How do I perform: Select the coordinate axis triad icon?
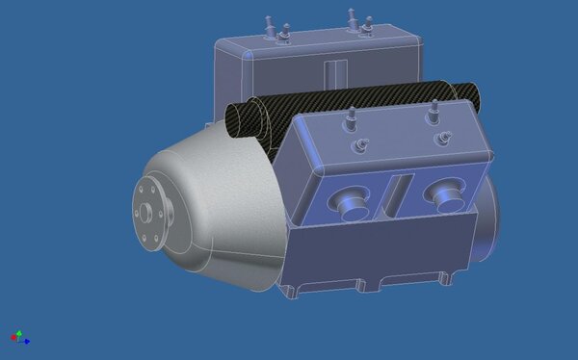[x=18, y=337]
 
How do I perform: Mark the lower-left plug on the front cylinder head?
[x=362, y=144]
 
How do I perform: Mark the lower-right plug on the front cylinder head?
[x=444, y=138]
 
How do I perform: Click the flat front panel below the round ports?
[x=385, y=250]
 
